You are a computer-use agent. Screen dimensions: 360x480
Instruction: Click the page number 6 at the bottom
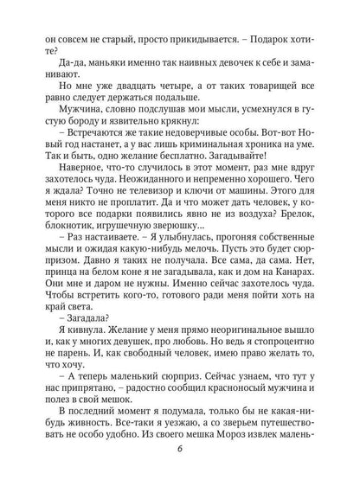[x=180, y=460]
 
